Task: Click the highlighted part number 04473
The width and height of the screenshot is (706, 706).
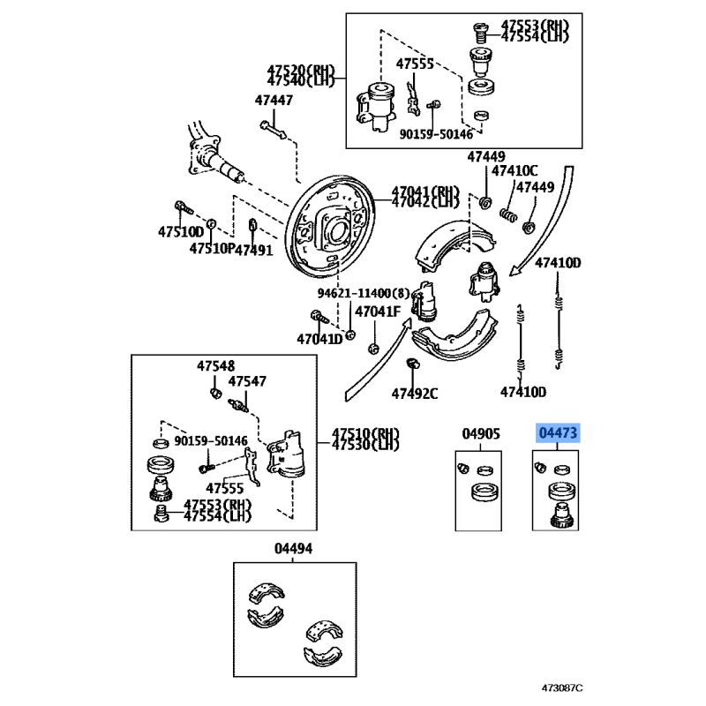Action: pyautogui.click(x=559, y=433)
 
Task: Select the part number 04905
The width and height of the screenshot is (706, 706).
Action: pyautogui.click(x=481, y=433)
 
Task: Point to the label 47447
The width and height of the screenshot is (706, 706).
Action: pyautogui.click(x=274, y=100)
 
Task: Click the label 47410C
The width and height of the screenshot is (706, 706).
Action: pyautogui.click(x=514, y=171)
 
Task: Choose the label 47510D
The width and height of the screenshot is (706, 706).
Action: pyautogui.click(x=181, y=232)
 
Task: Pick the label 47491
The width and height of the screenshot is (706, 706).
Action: pyautogui.click(x=255, y=250)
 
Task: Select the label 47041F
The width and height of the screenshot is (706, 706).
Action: pyautogui.click(x=378, y=312)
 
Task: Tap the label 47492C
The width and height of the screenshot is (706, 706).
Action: pyautogui.click(x=415, y=393)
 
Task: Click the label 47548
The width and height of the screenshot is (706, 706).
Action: pyautogui.click(x=215, y=364)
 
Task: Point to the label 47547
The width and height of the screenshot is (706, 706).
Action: pyautogui.click(x=247, y=381)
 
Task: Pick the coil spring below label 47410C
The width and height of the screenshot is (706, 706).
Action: pyautogui.click(x=509, y=214)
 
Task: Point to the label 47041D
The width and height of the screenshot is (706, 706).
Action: pyautogui.click(x=319, y=339)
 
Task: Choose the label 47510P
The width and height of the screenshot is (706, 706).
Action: pyautogui.click(x=212, y=250)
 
